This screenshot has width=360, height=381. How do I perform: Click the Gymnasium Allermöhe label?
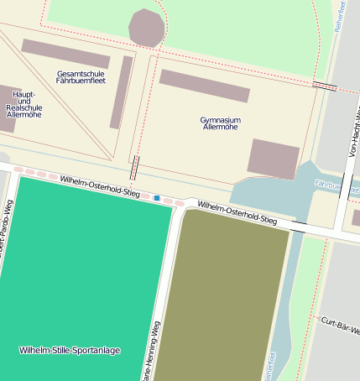[220, 123]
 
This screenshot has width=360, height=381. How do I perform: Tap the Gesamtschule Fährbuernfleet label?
[81, 78]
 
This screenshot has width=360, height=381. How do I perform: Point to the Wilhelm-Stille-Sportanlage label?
[69, 349]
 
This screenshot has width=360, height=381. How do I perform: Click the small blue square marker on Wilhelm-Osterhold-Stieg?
[156, 198]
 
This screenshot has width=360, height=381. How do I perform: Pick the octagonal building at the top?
[147, 28]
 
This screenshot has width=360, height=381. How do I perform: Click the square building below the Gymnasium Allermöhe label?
[274, 159]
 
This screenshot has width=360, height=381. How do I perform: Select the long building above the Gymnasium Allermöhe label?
[204, 86]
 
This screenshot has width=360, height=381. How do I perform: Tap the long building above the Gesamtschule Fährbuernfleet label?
[65, 54]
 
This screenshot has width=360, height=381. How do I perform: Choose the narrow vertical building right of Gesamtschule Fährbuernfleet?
[122, 92]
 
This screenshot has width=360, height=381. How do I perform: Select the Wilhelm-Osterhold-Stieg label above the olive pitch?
[237, 212]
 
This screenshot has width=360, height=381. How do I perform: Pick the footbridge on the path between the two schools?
[135, 167]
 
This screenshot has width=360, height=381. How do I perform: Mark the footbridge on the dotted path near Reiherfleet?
[325, 86]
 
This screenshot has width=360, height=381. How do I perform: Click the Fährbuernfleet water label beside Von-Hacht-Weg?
[329, 183]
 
